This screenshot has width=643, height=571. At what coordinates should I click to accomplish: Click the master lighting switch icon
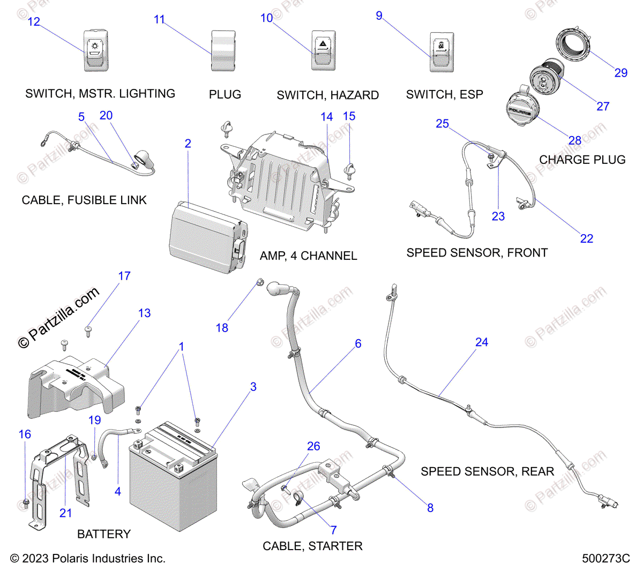tap(96, 51)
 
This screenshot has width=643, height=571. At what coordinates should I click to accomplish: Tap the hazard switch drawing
tap(324, 50)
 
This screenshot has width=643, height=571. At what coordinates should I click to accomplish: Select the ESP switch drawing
tap(442, 51)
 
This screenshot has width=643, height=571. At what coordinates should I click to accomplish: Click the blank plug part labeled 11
tap(223, 51)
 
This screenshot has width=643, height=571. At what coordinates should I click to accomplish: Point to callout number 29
tap(620, 73)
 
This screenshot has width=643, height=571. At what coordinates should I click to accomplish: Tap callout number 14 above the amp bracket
tap(326, 117)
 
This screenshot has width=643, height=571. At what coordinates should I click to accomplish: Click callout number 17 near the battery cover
tap(124, 276)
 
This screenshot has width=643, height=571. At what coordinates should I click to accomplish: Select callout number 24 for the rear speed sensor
tap(481, 342)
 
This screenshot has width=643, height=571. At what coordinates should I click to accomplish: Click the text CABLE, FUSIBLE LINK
tap(84, 200)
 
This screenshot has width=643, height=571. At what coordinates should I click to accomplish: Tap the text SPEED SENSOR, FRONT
tap(477, 253)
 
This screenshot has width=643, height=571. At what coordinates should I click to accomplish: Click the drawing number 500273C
tap(605, 559)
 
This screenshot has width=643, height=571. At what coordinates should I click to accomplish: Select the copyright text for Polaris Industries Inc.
tap(88, 559)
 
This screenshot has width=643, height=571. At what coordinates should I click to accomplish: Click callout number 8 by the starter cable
tap(430, 508)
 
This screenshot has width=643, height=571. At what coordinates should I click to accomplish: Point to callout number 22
tap(586, 238)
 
